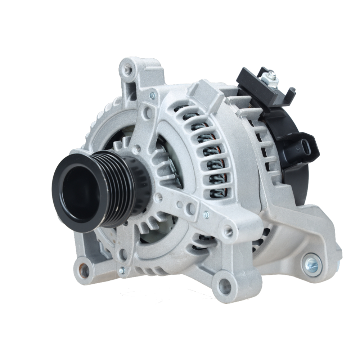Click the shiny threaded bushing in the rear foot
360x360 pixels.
click(312, 265)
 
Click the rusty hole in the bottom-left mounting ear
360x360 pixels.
click(84, 270)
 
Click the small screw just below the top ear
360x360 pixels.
click(152, 95)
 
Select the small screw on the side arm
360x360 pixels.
click(206, 215)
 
